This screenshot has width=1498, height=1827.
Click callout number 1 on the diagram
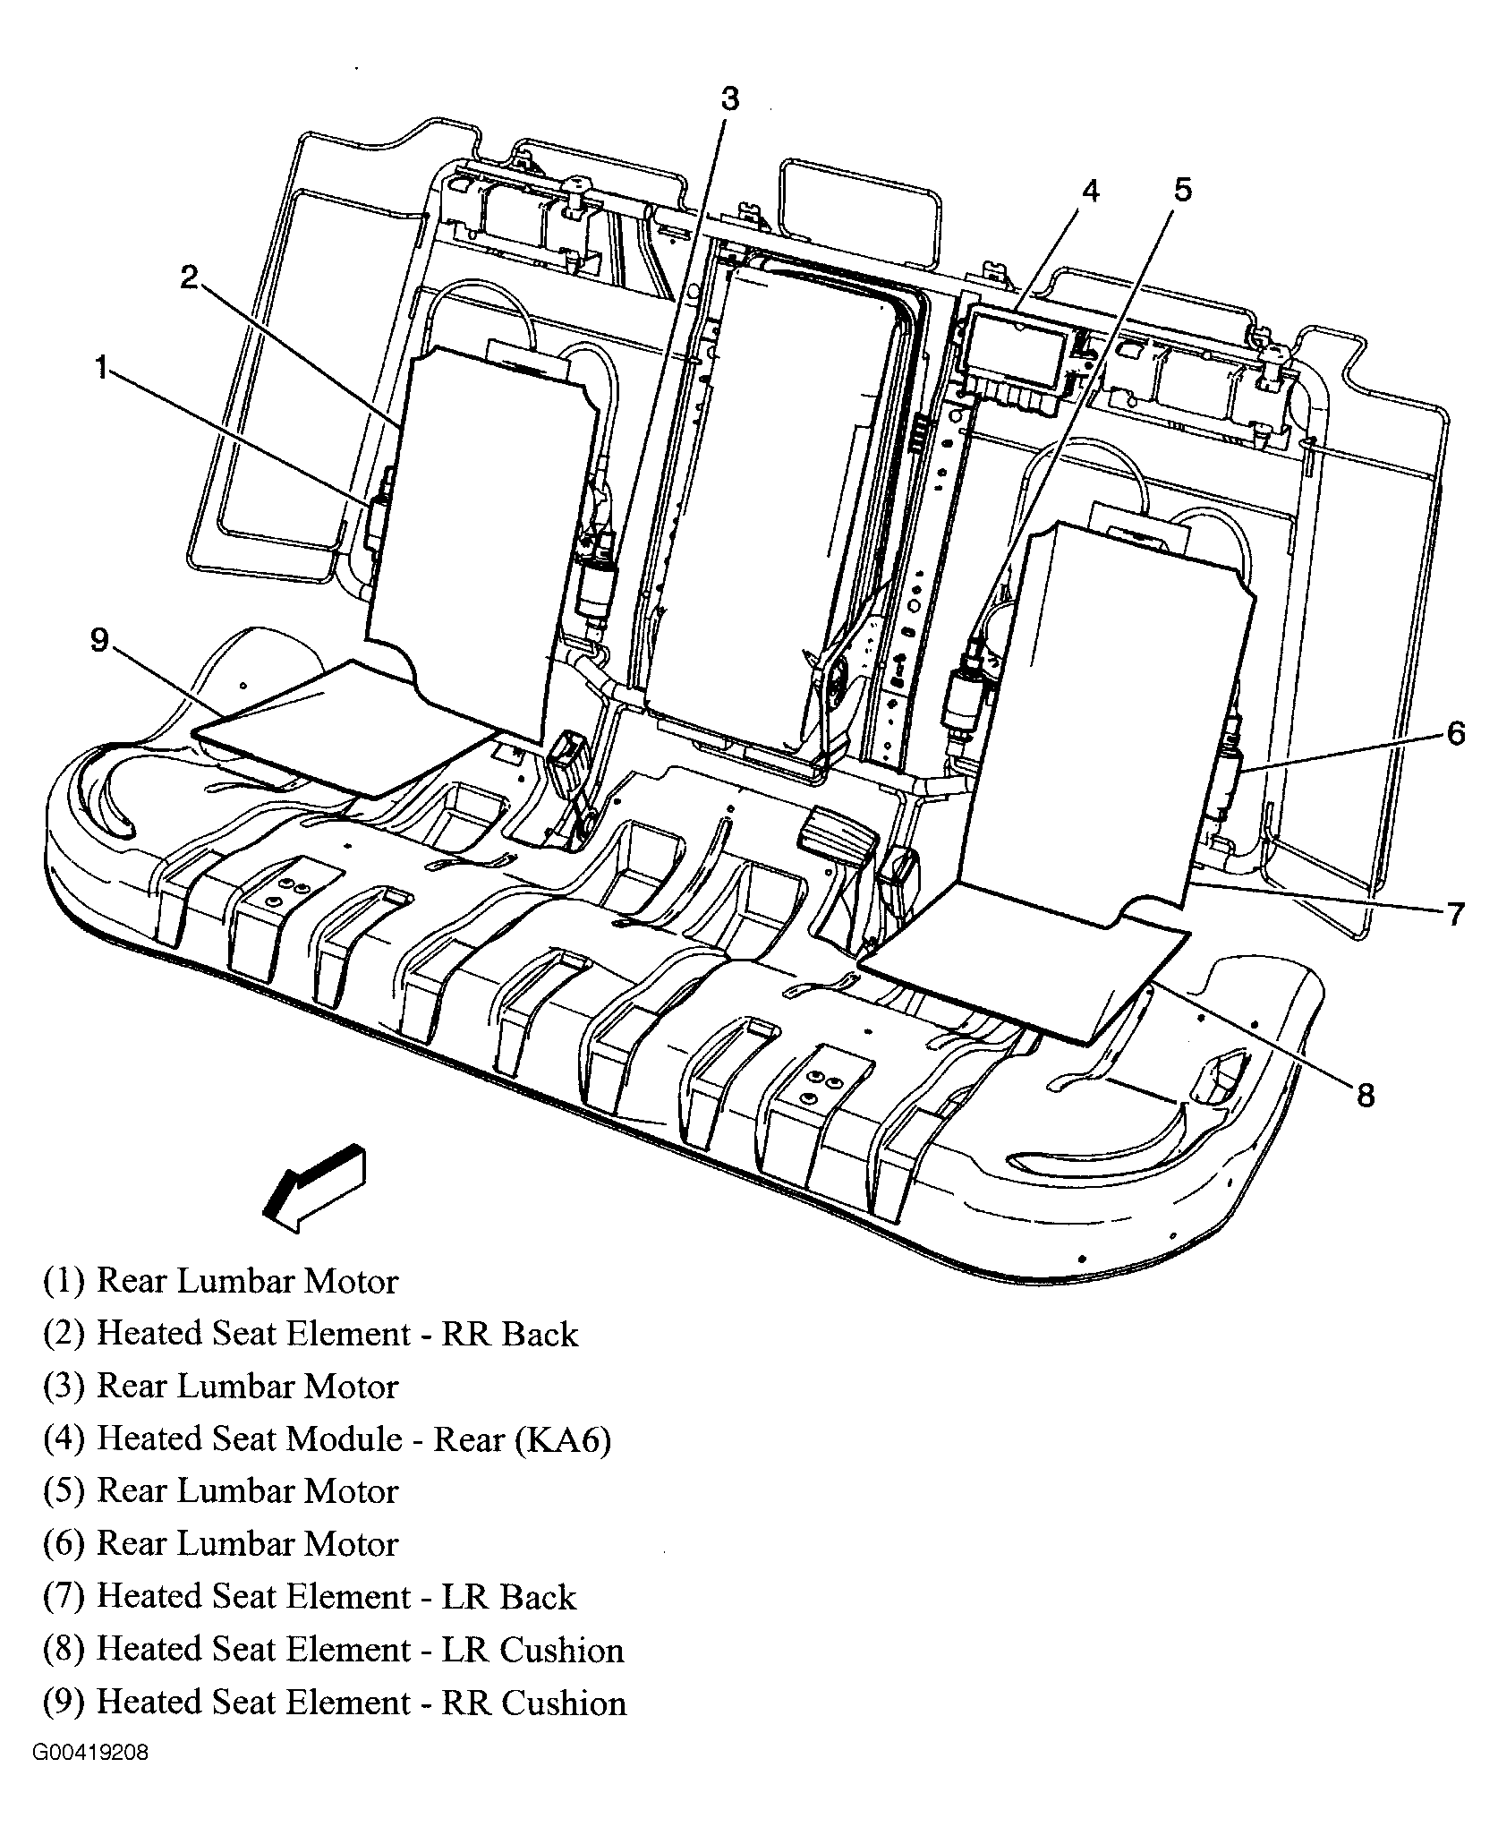coord(102,367)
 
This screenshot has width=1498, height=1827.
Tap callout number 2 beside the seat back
coord(188,278)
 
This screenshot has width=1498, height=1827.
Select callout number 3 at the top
coord(730,98)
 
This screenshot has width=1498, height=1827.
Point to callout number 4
coord(1089,191)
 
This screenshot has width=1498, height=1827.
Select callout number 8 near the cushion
coord(1366,1094)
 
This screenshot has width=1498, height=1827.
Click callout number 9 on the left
coord(99,640)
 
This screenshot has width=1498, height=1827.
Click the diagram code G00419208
coord(91,1777)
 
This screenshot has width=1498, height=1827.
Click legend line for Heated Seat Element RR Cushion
coord(335,1702)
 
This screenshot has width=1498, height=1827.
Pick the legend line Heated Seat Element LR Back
coord(310,1597)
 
